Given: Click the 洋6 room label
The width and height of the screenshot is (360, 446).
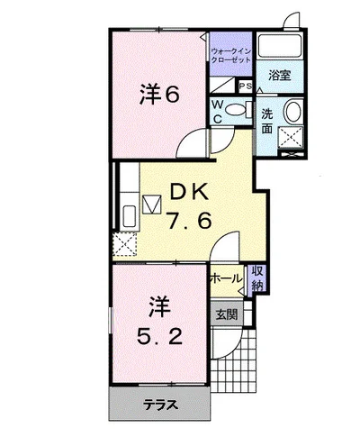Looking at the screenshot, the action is [x=159, y=95].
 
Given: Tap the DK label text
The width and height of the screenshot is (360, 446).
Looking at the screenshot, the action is [x=189, y=192].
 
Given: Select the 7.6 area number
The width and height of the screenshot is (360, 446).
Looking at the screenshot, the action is [x=190, y=221].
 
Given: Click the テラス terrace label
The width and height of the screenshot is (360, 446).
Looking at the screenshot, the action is [x=160, y=405].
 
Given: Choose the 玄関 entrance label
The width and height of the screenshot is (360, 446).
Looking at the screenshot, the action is [x=227, y=314].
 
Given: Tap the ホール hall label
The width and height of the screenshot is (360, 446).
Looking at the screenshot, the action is [x=226, y=278].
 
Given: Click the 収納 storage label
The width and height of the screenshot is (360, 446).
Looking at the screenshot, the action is [x=257, y=278].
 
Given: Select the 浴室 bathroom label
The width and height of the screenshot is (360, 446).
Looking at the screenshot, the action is [x=280, y=76].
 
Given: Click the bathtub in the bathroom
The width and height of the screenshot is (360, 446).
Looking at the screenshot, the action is [x=280, y=46].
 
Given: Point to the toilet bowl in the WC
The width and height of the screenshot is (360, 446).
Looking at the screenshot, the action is [x=235, y=109].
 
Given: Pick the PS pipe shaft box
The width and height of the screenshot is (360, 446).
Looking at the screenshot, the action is [x=246, y=86].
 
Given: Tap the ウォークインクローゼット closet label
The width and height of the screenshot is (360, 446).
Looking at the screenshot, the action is [x=230, y=55].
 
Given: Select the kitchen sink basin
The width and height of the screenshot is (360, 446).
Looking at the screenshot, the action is [x=130, y=216].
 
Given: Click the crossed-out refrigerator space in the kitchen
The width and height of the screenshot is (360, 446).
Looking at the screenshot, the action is [x=125, y=244].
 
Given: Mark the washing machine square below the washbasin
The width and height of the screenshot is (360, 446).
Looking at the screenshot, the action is [x=291, y=137].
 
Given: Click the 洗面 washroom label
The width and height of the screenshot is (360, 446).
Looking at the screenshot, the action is [x=267, y=121].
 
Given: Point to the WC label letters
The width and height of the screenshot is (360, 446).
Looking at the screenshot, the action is [x=218, y=112].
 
